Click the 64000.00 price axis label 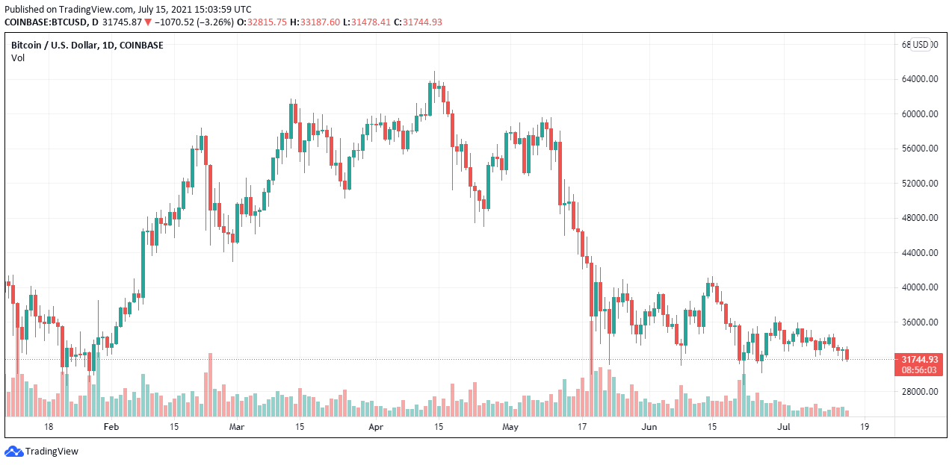point(920,79)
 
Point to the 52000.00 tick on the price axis point(920,184)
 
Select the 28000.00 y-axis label point(920,392)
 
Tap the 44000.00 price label point(920,253)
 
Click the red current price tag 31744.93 point(919,359)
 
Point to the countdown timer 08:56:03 point(919,369)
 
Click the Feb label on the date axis point(111,427)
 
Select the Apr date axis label point(376,427)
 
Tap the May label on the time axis point(510,427)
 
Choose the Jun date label point(649,427)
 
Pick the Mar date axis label point(237,427)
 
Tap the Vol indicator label point(18,57)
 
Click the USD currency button point(921,45)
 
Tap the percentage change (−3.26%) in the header point(214,22)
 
